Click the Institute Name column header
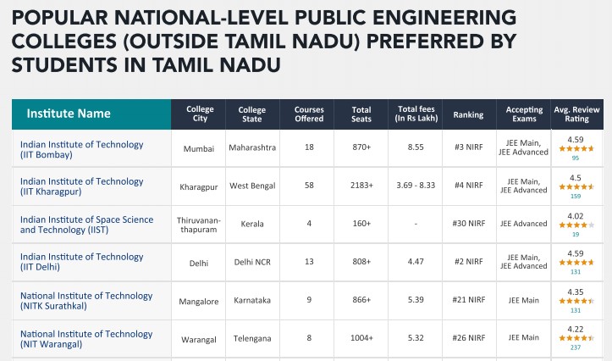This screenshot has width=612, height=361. tap(68, 114)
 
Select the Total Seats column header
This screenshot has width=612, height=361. tap(361, 114)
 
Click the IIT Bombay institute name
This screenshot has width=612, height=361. tap(81, 150)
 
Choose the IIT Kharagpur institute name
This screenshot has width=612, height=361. tap(81, 186)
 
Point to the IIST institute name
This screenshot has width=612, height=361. tap(86, 225)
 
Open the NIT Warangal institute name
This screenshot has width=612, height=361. tap(85, 339)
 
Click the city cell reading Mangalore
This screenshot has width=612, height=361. tap(199, 301)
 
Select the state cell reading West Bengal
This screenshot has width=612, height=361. tap(251, 185)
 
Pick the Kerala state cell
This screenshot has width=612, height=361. tap(251, 224)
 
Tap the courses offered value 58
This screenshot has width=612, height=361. tap(309, 185)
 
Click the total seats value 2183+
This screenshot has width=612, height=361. tap(361, 185)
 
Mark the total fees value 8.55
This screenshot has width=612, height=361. tap(416, 147)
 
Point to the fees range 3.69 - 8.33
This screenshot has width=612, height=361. tap(416, 185)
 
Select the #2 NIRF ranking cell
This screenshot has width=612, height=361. tap(469, 262)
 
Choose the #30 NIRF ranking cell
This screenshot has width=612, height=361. tap(469, 224)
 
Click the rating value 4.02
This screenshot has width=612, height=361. tap(576, 216)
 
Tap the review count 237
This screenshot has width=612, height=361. tap(576, 347)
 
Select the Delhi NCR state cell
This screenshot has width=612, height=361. tap(251, 262)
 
